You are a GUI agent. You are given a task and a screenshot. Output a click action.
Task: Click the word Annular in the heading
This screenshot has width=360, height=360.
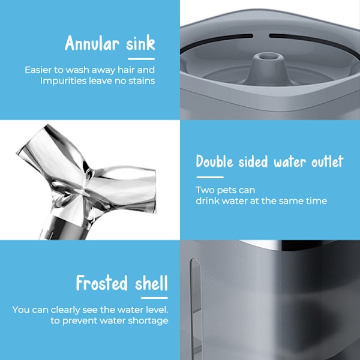[x=92, y=43]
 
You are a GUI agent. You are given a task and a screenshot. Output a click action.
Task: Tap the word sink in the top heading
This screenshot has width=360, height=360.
[x=140, y=43]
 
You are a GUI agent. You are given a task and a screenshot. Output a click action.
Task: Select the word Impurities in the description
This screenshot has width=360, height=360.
[x=64, y=81]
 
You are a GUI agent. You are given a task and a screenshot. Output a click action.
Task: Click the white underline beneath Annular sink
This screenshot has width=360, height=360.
[x=141, y=59]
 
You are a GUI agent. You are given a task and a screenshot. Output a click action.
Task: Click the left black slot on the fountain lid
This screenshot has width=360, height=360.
[x=216, y=41]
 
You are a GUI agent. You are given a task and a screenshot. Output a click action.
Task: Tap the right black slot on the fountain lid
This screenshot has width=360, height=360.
[x=314, y=43]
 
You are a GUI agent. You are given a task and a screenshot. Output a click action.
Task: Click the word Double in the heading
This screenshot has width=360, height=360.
[x=215, y=161]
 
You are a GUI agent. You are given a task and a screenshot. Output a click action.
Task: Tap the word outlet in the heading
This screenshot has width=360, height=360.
[x=327, y=161]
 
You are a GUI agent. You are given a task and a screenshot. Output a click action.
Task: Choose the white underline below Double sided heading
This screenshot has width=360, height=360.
[x=210, y=177]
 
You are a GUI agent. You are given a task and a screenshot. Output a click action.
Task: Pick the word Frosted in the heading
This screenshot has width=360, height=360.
[x=101, y=283]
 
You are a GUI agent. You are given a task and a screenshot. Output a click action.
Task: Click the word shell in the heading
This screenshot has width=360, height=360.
[x=152, y=283]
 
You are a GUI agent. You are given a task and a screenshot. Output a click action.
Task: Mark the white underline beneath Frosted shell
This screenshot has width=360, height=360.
[x=154, y=298]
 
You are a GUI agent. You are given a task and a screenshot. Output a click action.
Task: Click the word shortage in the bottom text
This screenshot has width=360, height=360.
[x=148, y=321]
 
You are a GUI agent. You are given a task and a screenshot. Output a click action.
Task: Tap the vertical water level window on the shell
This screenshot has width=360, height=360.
[x=196, y=308]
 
